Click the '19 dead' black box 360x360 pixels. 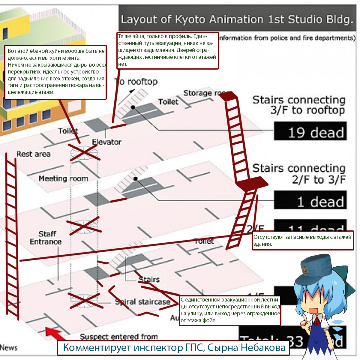tap(310, 131)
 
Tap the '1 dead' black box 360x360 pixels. tap(310, 200)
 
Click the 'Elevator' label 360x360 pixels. tap(106, 142)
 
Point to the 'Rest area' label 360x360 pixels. tap(33, 154)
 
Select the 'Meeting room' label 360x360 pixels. tap(63, 178)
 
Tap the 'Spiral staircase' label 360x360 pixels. tap(143, 301)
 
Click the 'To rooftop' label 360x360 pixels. tap(136, 81)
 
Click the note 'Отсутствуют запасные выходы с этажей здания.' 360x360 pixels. tap(302, 240)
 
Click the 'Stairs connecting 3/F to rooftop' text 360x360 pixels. tap(299, 105)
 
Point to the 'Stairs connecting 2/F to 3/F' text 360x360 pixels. tap(299, 174)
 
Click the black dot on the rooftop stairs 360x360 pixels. tap(133, 107)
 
